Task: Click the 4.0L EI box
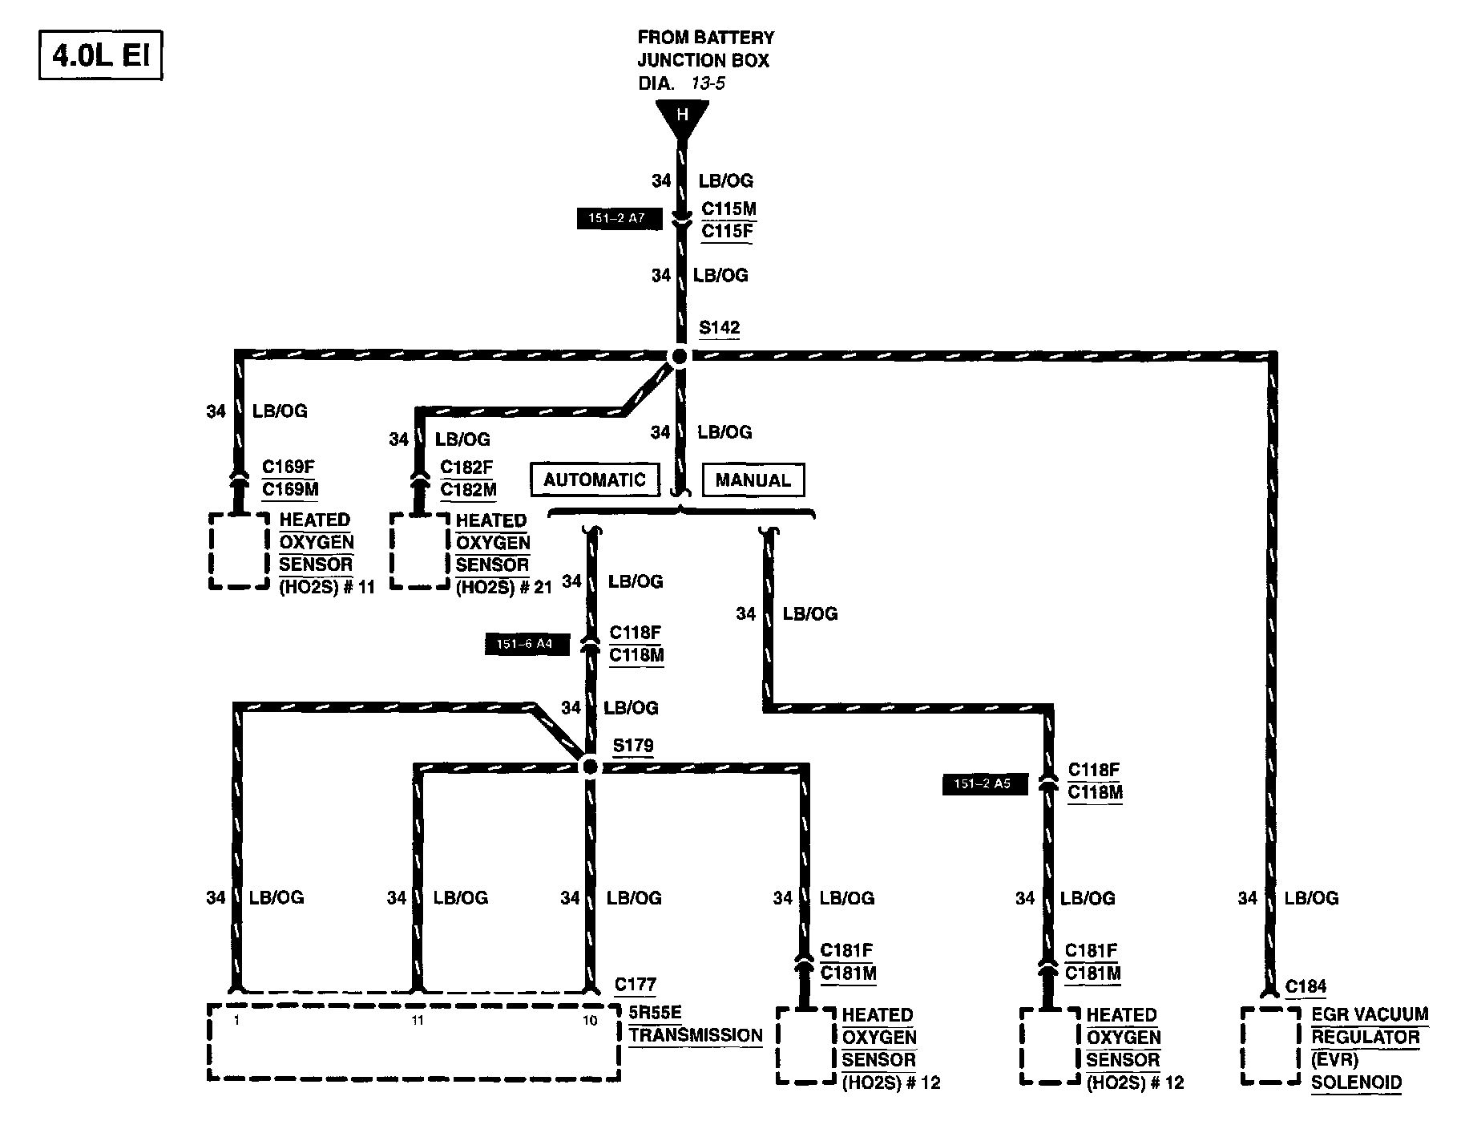click(100, 56)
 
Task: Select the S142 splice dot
click(679, 356)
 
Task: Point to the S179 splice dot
click(590, 767)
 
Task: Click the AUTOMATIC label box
click(595, 480)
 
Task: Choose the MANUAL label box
click(753, 480)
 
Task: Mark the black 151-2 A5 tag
click(984, 783)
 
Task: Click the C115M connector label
click(728, 209)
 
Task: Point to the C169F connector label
click(289, 467)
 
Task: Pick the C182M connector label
click(468, 489)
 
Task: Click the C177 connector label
click(635, 985)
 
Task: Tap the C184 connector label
click(1306, 987)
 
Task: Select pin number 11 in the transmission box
click(418, 1021)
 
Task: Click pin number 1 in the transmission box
click(237, 1021)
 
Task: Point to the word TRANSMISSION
click(695, 1035)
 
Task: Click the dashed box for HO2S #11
click(239, 551)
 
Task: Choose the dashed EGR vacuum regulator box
click(1270, 1046)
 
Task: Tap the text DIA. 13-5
click(681, 83)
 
